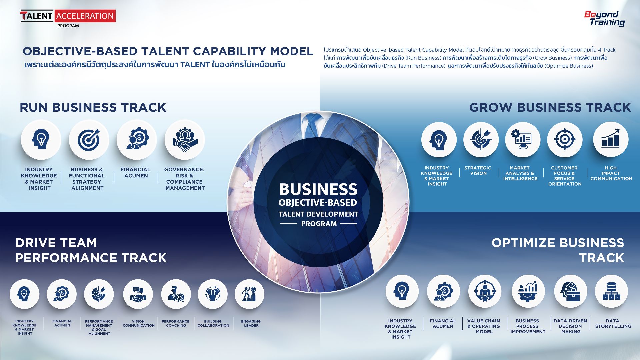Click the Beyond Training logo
pos(604,19)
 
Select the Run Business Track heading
pos(93,107)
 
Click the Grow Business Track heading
pos(550,107)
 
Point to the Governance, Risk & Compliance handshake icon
pos(185,140)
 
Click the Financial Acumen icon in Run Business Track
pos(137,140)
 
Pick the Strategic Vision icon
pos(481,140)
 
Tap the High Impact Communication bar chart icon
pos(611,140)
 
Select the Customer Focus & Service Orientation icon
pos(565,140)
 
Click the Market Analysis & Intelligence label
pos(520,173)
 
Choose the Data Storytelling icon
pos(611,291)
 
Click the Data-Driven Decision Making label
pos(570,326)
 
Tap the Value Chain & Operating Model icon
pos(485,291)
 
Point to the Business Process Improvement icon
pos(528,291)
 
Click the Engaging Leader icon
pos(249,294)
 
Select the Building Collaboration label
pos(213,323)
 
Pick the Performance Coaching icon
pos(176,294)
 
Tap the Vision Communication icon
pos(138,294)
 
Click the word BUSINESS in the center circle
pos(318,189)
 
